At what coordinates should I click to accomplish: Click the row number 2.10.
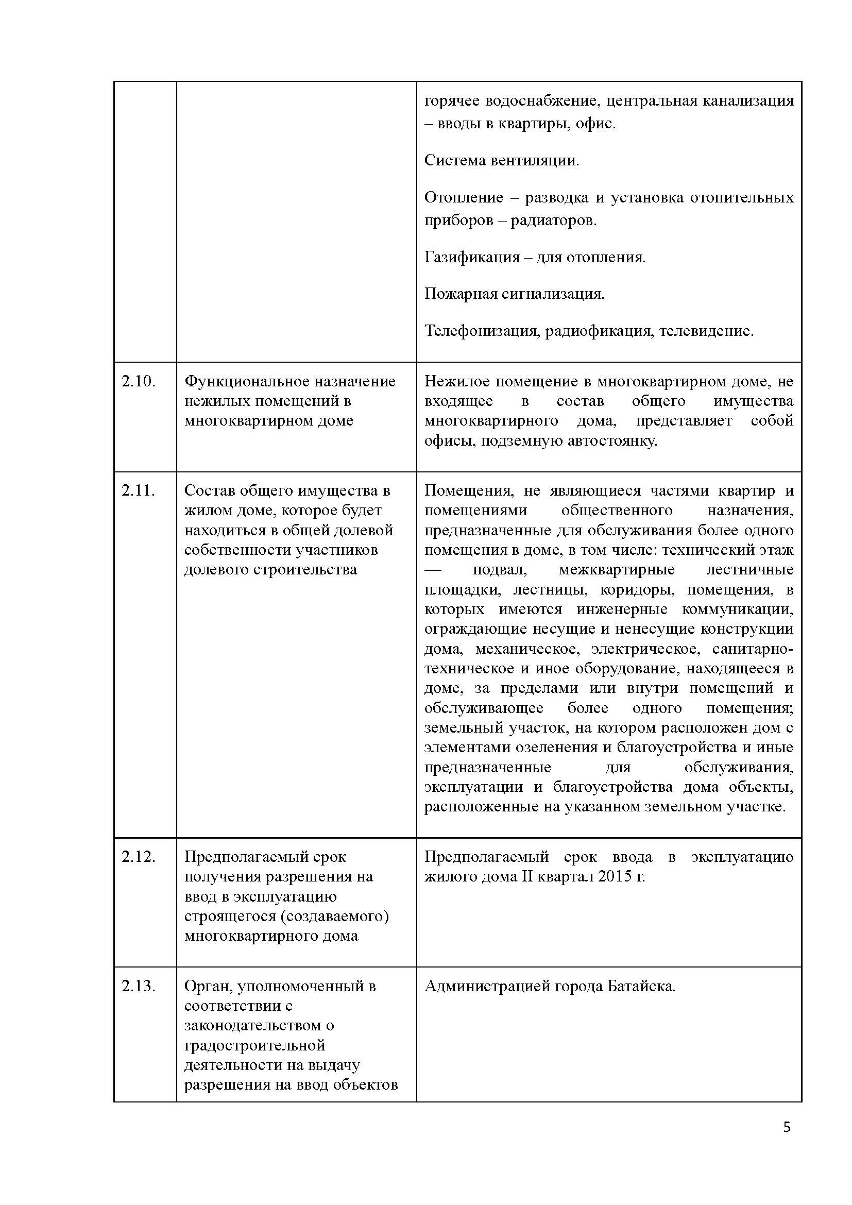pos(139,382)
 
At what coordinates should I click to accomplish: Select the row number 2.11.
pos(139,491)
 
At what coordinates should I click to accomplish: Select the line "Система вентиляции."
pos(502,161)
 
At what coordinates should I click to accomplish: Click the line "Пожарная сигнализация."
pos(514,294)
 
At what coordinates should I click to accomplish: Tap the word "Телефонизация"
pos(481,331)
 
